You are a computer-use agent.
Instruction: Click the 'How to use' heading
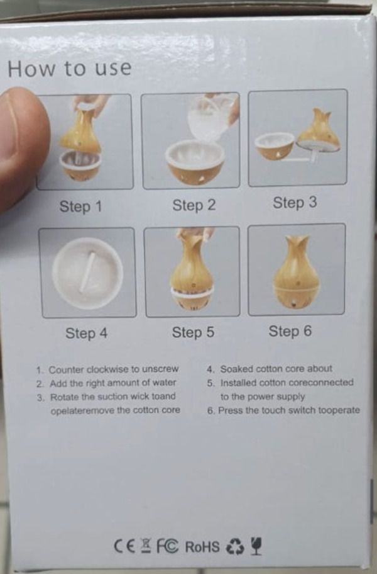coord(69,69)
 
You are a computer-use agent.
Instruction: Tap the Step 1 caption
coord(80,206)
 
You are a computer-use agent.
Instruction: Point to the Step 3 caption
coord(295,203)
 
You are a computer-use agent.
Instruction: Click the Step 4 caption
coord(86,333)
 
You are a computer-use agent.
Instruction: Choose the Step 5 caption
coord(194,332)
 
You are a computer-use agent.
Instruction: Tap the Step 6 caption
coord(290,331)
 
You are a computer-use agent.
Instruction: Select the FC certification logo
coord(167,544)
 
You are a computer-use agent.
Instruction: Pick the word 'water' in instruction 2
coord(164,383)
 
